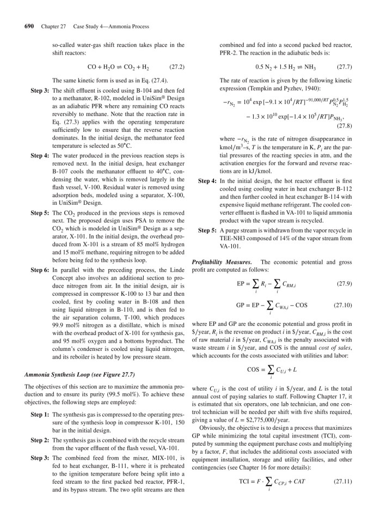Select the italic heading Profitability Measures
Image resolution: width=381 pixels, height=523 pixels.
[217, 263]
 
